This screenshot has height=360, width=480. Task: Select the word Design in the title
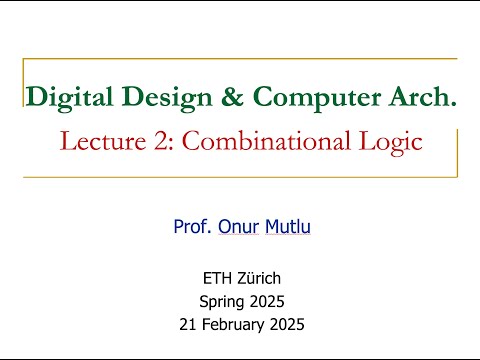(x=149, y=98)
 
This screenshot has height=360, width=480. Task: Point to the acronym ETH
(x=217, y=279)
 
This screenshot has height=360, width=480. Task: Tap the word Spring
(x=222, y=301)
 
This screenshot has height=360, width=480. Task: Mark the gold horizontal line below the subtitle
(x=240, y=177)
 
